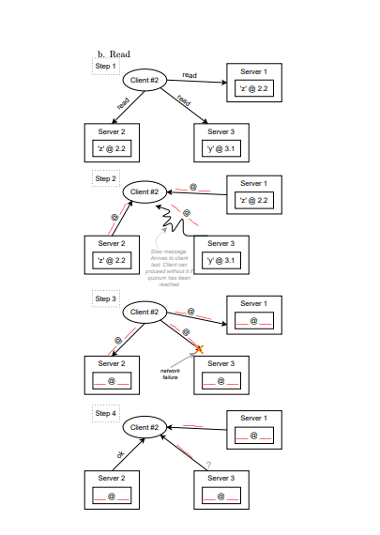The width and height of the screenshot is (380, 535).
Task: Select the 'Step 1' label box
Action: (x=106, y=67)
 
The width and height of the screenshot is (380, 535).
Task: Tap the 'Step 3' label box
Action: (x=106, y=299)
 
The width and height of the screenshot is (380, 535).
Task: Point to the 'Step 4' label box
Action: (x=106, y=413)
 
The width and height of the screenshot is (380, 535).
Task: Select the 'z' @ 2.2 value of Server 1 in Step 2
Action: (x=253, y=200)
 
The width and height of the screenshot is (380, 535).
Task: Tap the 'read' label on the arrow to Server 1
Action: (x=189, y=74)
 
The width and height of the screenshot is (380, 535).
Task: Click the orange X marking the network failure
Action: (x=199, y=349)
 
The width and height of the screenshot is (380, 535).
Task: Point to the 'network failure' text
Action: (x=170, y=374)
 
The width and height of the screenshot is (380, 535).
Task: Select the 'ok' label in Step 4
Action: (x=119, y=455)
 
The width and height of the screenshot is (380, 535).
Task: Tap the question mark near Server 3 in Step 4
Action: (x=208, y=465)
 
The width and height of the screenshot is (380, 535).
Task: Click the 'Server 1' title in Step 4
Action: (x=253, y=417)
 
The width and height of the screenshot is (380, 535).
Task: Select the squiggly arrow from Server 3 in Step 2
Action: (x=176, y=222)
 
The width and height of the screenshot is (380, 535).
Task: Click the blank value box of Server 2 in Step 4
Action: (x=111, y=497)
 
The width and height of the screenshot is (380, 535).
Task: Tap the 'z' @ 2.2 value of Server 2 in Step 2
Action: (x=111, y=260)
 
